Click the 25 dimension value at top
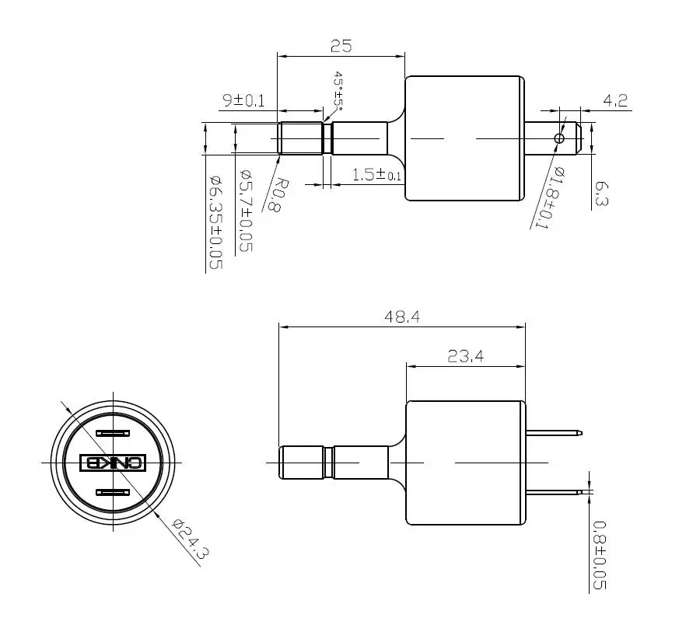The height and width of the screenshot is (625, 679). (341, 46)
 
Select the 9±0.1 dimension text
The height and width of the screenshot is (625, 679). (243, 100)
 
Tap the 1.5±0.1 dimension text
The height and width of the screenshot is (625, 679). (376, 175)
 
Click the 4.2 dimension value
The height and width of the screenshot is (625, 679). (614, 100)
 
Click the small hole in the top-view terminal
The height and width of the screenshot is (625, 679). (558, 138)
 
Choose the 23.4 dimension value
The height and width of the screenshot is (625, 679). (466, 357)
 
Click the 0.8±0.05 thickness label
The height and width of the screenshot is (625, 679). (600, 555)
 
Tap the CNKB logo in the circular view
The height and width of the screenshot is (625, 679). (113, 463)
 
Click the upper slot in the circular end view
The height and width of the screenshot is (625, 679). (113, 433)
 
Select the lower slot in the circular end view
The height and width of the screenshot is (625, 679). (113, 493)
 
